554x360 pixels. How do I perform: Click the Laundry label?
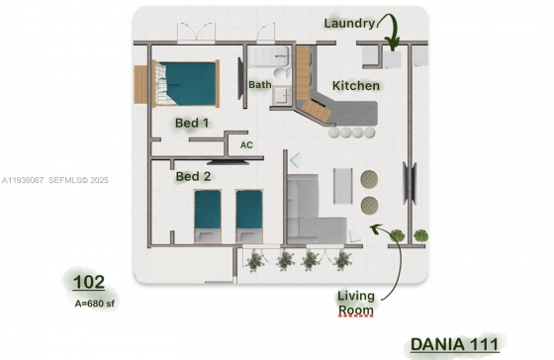coord(349,24)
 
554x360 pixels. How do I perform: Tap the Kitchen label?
coord(356,85)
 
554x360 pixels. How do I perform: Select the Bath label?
coord(260,84)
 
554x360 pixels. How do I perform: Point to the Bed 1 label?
coord(192,123)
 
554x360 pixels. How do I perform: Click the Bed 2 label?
coord(193,176)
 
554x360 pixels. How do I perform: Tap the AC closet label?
coord(246,145)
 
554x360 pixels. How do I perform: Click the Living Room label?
coord(356,303)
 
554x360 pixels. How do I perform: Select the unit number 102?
coord(89,282)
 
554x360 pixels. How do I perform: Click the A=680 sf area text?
coord(95,304)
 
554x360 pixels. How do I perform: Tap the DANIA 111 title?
coord(455,344)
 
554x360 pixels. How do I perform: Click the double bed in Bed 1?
coord(186,84)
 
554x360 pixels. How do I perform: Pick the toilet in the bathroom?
coord(282,74)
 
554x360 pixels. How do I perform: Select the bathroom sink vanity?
coord(282,95)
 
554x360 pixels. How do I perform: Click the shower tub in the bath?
coord(269,56)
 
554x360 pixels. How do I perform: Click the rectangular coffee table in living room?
coord(343,186)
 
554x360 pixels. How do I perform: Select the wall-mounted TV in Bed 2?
coord(229,162)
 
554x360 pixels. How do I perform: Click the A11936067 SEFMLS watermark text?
coord(55,180)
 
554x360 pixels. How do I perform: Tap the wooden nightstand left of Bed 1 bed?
coord(140,85)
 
